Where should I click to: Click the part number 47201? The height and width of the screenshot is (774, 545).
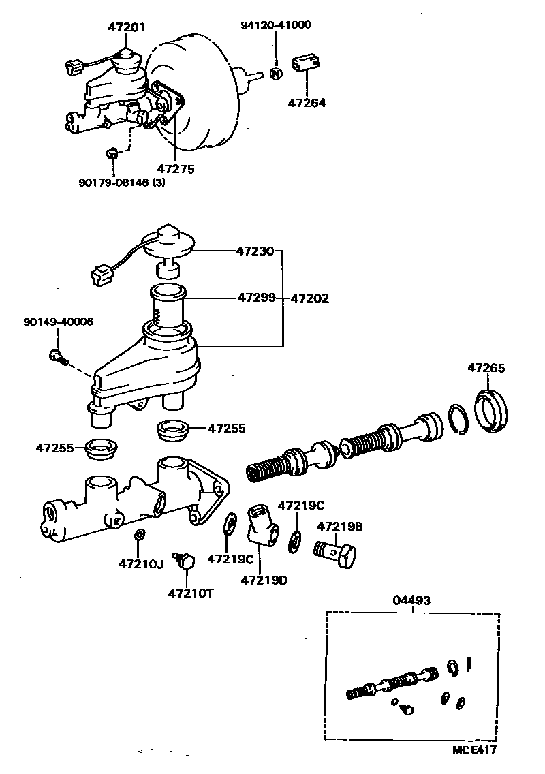(x=126, y=28)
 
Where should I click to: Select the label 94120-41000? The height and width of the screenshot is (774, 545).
(x=276, y=25)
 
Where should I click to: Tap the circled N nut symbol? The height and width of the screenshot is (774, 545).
(x=276, y=74)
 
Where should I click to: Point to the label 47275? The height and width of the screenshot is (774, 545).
(x=175, y=168)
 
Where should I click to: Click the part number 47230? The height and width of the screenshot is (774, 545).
(x=255, y=251)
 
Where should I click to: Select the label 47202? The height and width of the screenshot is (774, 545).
(x=310, y=298)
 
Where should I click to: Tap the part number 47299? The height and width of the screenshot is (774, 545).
(x=256, y=298)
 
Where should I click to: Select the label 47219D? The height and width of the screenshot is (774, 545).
(x=264, y=580)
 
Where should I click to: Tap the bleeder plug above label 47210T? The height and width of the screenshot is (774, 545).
(x=185, y=561)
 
